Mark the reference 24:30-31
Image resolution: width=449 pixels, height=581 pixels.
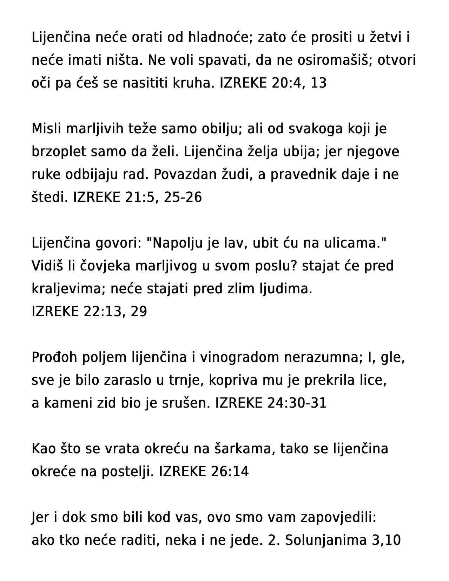pos(297,403)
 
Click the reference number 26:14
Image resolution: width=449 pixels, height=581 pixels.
pos(230,472)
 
